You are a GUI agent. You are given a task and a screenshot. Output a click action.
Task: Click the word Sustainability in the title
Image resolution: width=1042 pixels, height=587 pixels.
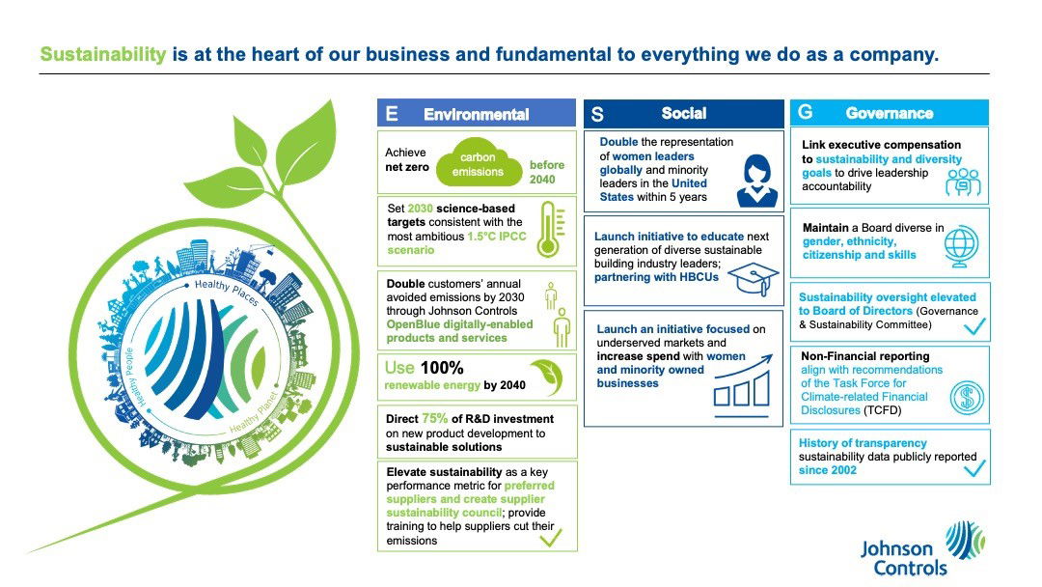(102, 55)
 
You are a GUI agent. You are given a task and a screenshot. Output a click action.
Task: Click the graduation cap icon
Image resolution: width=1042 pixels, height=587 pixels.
(754, 279)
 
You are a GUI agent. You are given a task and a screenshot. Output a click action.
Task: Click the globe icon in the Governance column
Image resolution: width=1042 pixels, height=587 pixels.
(962, 244)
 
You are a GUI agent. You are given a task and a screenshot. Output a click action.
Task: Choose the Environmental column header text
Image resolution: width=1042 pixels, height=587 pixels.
(477, 114)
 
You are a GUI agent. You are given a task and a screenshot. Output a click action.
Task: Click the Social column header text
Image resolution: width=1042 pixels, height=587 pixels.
(684, 113)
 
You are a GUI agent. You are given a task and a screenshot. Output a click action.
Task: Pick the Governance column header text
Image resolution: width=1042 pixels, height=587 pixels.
(889, 113)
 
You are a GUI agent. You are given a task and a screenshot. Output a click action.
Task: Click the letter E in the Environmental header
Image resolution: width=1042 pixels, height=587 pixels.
(391, 114)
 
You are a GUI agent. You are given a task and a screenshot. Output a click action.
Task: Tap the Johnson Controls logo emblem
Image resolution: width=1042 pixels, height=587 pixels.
(964, 541)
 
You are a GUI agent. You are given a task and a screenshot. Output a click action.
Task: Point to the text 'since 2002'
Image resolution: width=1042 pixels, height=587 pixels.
(827, 470)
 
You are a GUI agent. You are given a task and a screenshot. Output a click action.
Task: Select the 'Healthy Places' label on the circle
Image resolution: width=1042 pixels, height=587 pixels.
(226, 293)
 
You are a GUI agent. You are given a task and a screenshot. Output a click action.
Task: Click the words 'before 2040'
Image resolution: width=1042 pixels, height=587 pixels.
(547, 172)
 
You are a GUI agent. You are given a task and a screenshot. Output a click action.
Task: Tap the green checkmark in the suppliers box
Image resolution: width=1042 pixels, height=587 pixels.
(551, 536)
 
